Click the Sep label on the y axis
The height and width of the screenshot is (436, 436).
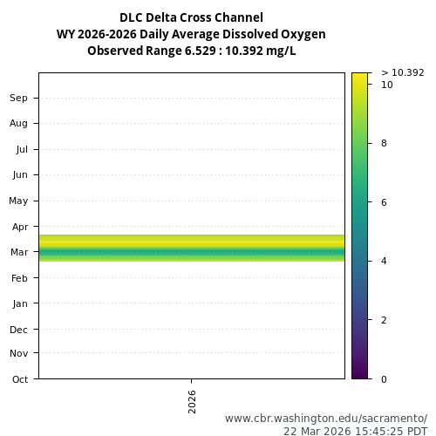coord(18,98)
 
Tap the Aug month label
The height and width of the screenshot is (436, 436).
coord(18,123)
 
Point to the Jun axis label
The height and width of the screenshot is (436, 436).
coord(19,174)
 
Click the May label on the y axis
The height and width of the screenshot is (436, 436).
coord(18,201)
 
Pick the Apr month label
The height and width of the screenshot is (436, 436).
coord(19,226)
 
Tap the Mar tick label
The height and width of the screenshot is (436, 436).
coord(18,252)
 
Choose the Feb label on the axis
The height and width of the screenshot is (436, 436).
coord(19,277)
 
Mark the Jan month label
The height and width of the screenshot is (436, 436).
coord(19,303)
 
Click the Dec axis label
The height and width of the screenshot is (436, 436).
coord(18,330)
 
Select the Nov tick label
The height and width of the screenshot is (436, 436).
coord(18,353)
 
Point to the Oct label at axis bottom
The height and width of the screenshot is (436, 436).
coord(19,379)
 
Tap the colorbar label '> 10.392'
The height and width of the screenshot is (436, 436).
coord(402,72)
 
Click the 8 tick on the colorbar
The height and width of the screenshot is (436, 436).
coord(385,143)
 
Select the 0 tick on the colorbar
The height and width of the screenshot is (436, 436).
coord(385,379)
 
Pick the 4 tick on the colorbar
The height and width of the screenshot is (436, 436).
coord(385,261)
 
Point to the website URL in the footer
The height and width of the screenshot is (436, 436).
coord(326,418)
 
